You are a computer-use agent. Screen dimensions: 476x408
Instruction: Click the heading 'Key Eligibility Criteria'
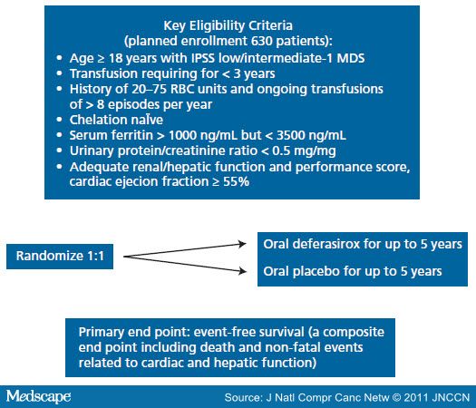point(228,25)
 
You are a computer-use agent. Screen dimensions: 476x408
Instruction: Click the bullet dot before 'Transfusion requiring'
point(59,73)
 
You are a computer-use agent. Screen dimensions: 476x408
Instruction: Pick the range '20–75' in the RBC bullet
point(150,89)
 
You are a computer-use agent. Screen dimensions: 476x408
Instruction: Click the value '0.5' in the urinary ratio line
point(280,151)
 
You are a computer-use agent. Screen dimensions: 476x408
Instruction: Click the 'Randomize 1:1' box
point(60,257)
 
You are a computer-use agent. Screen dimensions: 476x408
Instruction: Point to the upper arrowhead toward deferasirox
point(242,244)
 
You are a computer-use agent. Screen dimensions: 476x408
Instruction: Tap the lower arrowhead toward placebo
point(242,270)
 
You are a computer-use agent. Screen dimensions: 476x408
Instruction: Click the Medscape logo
point(39,396)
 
